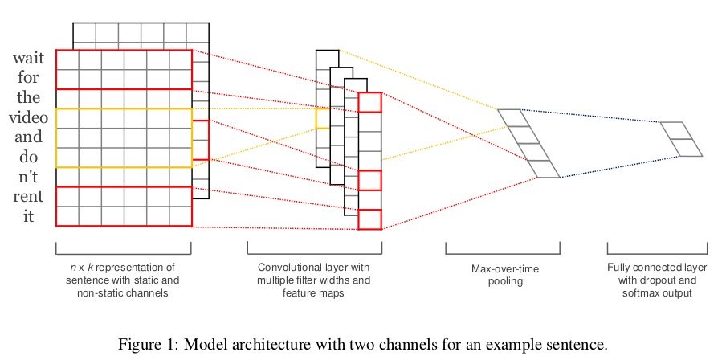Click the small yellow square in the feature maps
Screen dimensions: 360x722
pyautogui.click(x=322, y=118)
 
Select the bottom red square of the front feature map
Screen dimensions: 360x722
pyautogui.click(x=369, y=219)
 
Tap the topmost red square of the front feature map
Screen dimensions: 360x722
pyautogui.click(x=369, y=103)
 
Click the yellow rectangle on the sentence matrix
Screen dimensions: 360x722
pyautogui.click(x=124, y=137)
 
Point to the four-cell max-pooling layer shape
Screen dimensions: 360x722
pyautogui.click(x=528, y=143)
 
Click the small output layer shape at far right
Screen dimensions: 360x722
pyautogui.click(x=681, y=138)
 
